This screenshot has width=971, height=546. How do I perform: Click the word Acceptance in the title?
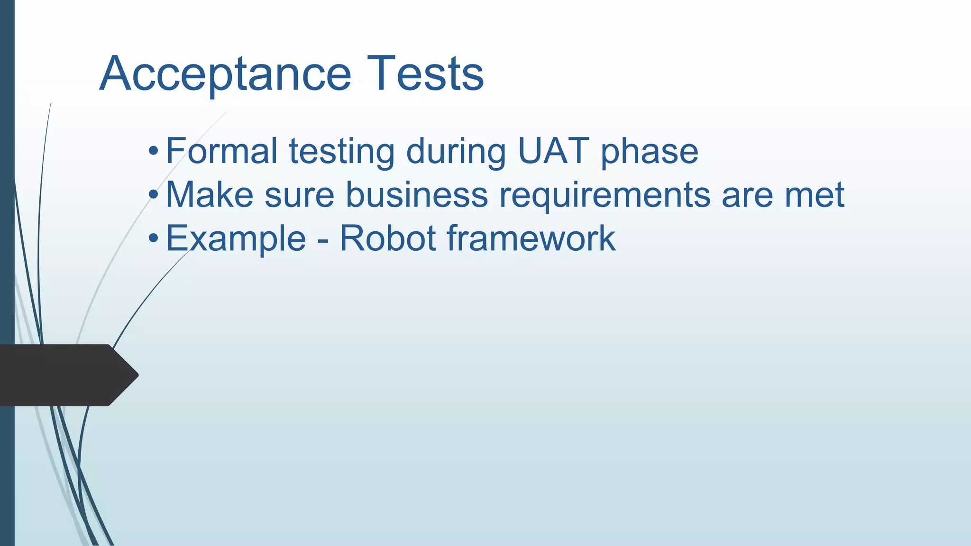pyautogui.click(x=225, y=74)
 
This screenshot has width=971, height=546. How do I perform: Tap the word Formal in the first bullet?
pyautogui.click(x=221, y=151)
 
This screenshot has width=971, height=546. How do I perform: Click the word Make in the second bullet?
pyautogui.click(x=209, y=195)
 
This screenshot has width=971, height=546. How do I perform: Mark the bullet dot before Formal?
pyautogui.click(x=153, y=152)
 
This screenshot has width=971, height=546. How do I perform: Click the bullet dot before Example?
pyautogui.click(x=153, y=239)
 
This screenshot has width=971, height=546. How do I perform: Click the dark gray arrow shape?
pyautogui.click(x=66, y=375)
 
